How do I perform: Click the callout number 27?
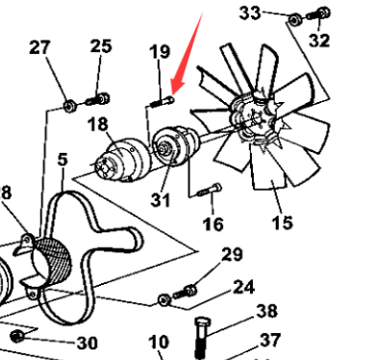pyautogui.click(x=40, y=47)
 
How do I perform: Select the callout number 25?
pyautogui.click(x=101, y=45)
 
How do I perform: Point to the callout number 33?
pyautogui.click(x=249, y=12)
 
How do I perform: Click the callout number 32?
pyautogui.click(x=319, y=40)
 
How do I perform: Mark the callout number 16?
pyautogui.click(x=212, y=224)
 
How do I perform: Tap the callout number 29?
pyautogui.click(x=232, y=254)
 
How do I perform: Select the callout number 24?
pyautogui.click(x=242, y=286)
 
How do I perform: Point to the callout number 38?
pyautogui.click(x=266, y=311)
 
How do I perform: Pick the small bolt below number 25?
pyautogui.click(x=99, y=97)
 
